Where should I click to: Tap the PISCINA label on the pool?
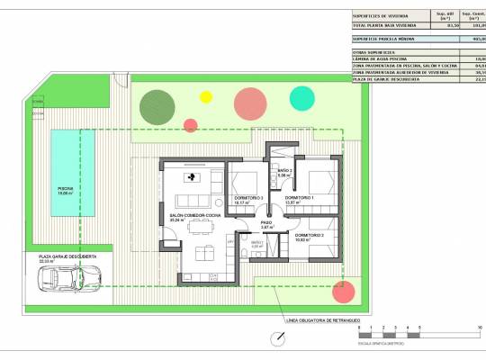click(x=65, y=188)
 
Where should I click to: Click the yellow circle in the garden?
click(x=205, y=95)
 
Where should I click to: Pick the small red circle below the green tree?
click(x=190, y=126)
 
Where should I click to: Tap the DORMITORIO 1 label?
click(x=299, y=197)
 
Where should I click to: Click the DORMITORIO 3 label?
click(x=247, y=197)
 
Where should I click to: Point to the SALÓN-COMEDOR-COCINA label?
click(x=195, y=215)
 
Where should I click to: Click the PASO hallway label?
click(x=266, y=222)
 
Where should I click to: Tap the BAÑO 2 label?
click(x=284, y=170)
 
